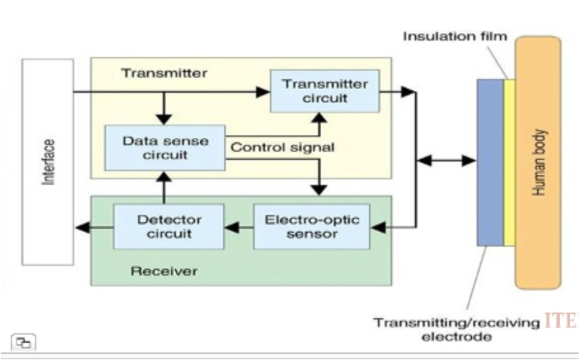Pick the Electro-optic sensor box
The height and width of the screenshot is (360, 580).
pos(312,226)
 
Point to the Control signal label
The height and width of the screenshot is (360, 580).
pos(283,147)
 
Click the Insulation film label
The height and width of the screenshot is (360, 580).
pos(455,37)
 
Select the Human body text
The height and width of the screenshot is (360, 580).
pos(538,163)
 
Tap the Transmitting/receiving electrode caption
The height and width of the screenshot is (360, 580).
pos(456,329)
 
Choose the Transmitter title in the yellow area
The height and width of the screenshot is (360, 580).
pos(164,73)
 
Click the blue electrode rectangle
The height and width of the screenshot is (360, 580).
pos(490,162)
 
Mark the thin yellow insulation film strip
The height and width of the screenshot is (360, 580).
pos(509,162)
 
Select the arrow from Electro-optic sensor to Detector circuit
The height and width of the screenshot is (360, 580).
pos(238,227)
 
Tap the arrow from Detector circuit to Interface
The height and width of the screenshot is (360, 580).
pos(94,227)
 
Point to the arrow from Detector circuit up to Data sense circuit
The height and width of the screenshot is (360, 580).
pos(164,187)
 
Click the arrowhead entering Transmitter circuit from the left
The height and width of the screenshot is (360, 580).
pos(263,93)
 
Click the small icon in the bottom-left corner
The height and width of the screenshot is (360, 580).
pos(24,342)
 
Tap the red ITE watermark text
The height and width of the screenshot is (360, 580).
pos(562,322)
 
